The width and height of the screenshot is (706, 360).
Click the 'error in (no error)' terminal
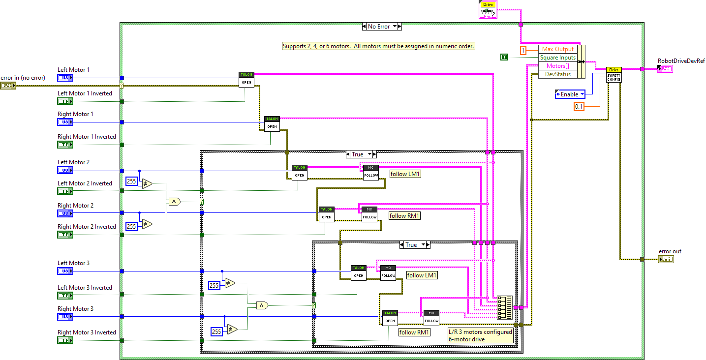point(8,86)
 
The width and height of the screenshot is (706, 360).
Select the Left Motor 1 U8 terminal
point(65,78)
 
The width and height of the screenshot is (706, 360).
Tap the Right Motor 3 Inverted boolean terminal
point(65,340)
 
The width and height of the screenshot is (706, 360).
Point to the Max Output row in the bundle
point(557,49)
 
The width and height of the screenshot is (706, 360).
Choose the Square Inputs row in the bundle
point(557,58)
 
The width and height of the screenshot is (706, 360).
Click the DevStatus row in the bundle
point(557,74)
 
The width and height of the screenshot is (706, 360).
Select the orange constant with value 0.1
point(579,106)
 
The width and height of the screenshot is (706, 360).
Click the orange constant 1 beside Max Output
point(523,50)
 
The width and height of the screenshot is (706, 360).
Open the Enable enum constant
point(570,94)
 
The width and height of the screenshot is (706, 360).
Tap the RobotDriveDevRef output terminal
point(665,69)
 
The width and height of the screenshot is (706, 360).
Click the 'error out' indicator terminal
point(666,259)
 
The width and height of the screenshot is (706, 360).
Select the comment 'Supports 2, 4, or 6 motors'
point(378,46)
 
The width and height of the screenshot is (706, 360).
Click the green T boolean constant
point(504,58)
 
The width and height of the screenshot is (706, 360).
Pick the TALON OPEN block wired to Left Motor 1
point(246,79)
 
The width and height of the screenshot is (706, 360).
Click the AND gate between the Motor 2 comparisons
point(174,201)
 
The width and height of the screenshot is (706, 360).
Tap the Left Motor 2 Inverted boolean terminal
point(65,191)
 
